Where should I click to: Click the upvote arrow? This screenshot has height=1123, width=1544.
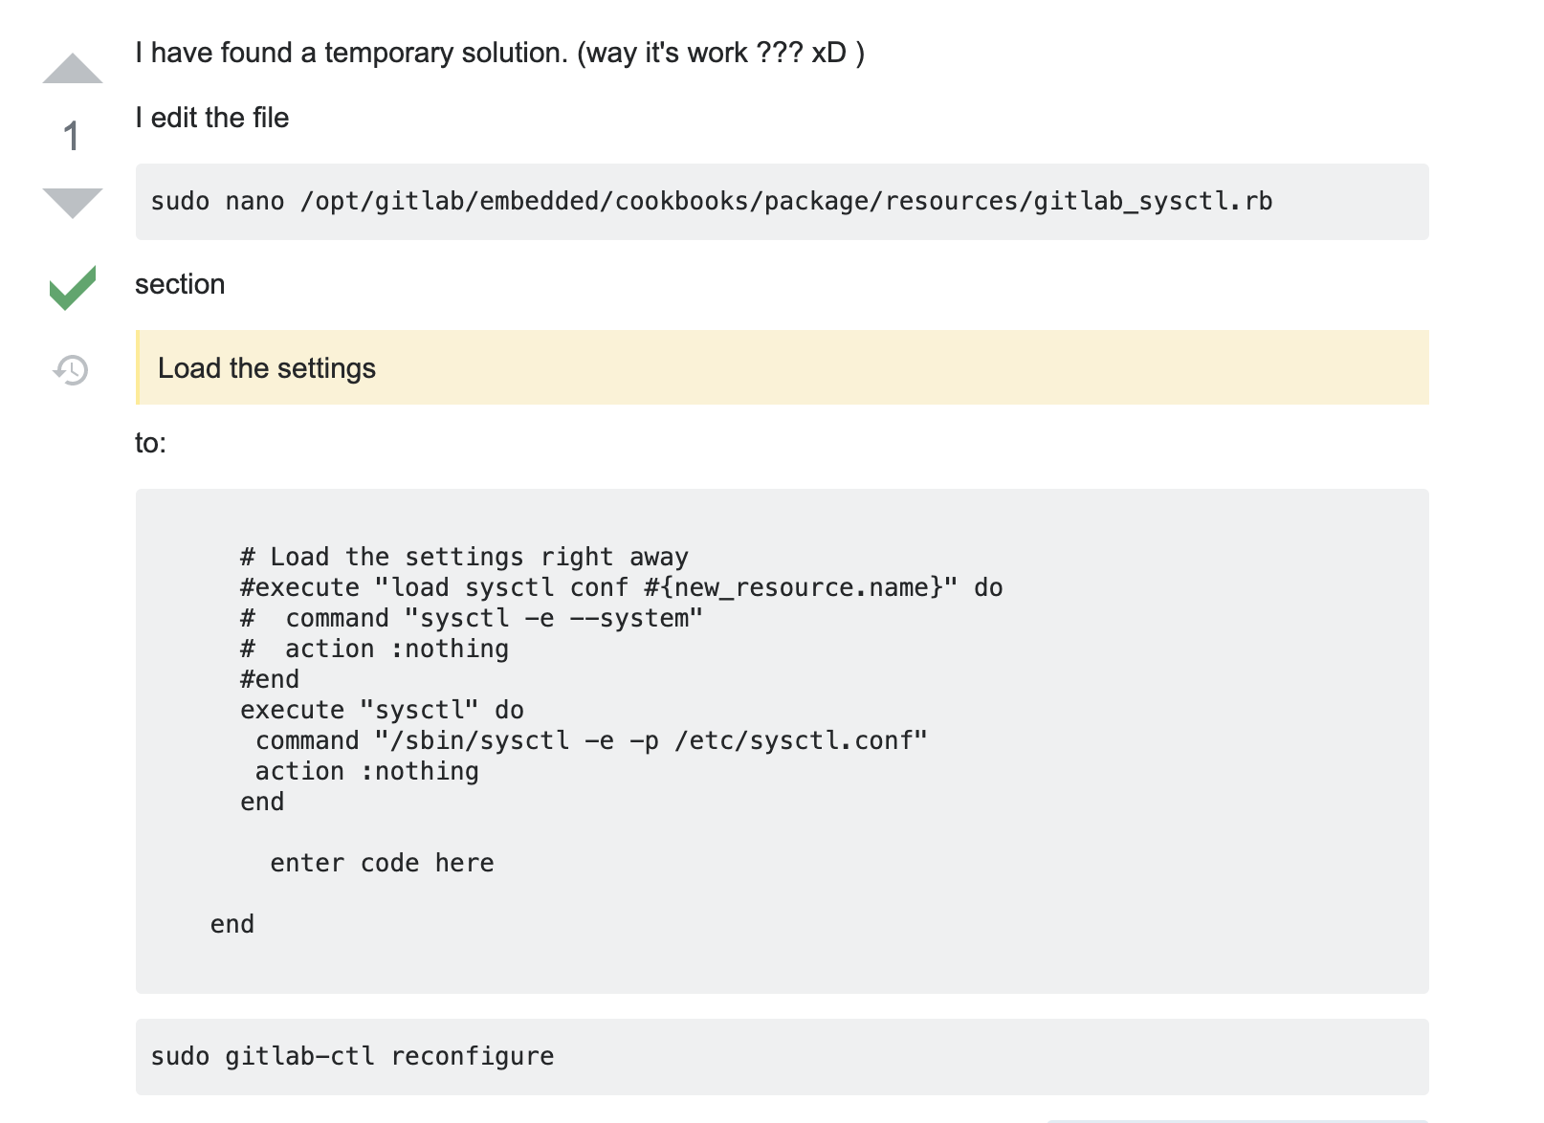(73, 69)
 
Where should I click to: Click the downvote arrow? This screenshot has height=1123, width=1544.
(73, 204)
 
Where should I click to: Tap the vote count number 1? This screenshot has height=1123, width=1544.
(71, 137)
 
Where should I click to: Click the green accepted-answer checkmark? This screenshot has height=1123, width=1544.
(73, 287)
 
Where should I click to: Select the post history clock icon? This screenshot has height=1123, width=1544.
(71, 369)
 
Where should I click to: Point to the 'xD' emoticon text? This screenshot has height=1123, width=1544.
(829, 53)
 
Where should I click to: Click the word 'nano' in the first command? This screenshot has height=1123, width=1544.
(255, 201)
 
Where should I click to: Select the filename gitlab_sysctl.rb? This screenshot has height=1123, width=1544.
(1153, 202)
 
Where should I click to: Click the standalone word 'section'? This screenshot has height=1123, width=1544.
(180, 284)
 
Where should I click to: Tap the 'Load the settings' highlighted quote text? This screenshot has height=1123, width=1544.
(267, 368)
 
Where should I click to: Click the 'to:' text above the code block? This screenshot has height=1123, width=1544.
(150, 443)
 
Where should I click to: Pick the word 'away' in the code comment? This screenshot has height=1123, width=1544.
(659, 557)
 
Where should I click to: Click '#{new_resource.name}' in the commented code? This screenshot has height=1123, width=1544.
(801, 587)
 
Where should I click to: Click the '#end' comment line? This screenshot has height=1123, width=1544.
(270, 679)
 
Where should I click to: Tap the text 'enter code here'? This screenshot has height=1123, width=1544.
(382, 863)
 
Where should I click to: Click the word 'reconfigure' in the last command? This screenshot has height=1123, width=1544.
(473, 1057)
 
